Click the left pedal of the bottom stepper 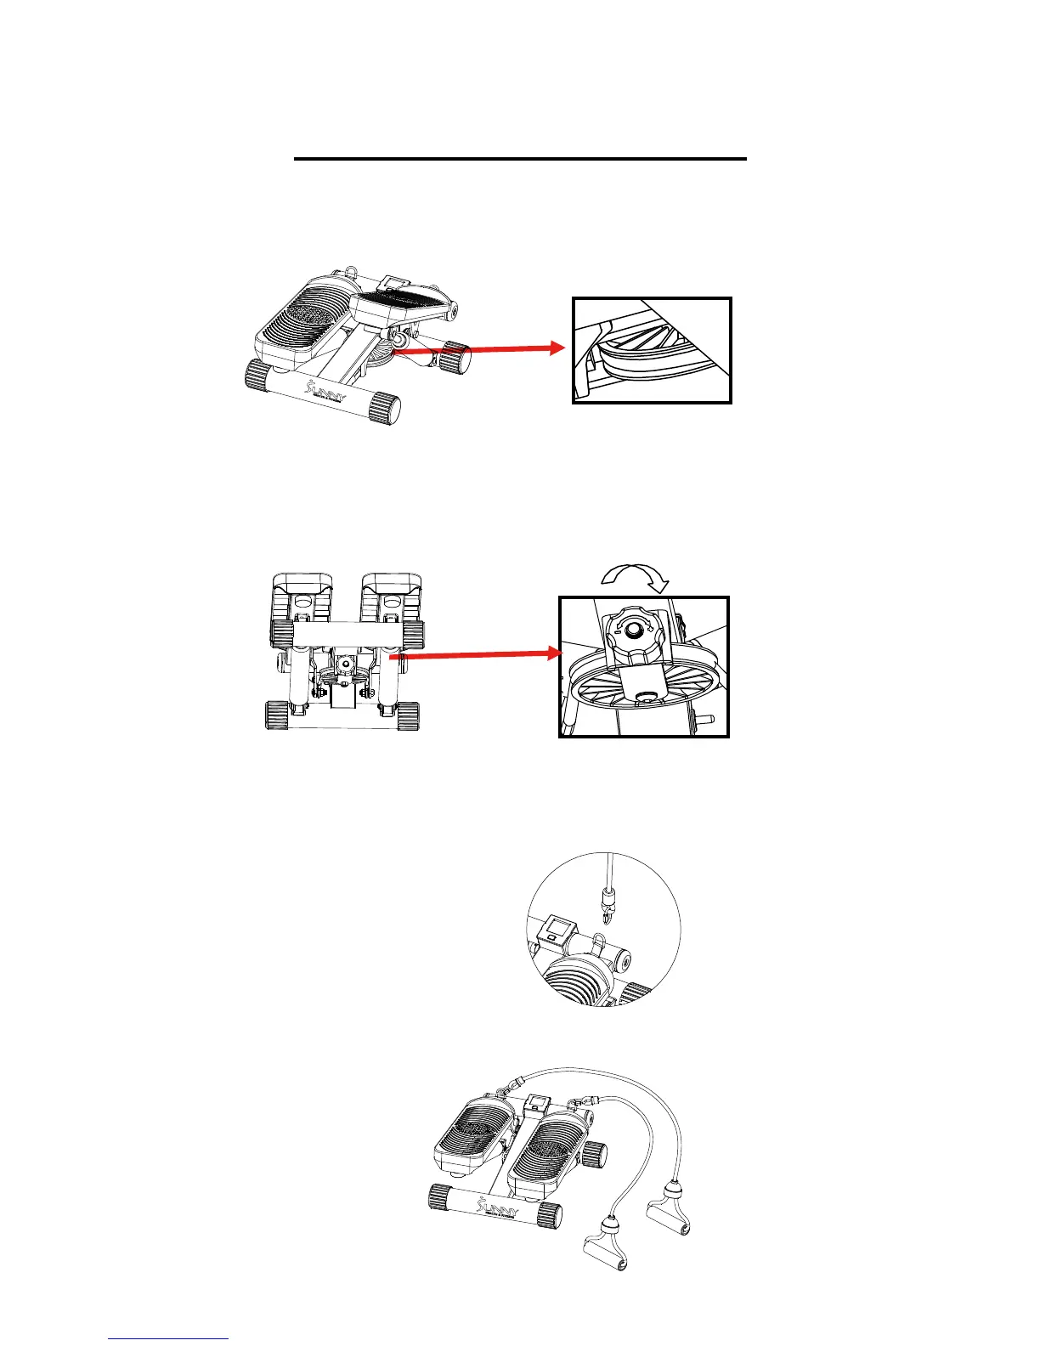pos(474,1132)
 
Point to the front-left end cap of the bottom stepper pos(439,1199)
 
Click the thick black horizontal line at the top pos(519,159)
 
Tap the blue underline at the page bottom pos(168,1338)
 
